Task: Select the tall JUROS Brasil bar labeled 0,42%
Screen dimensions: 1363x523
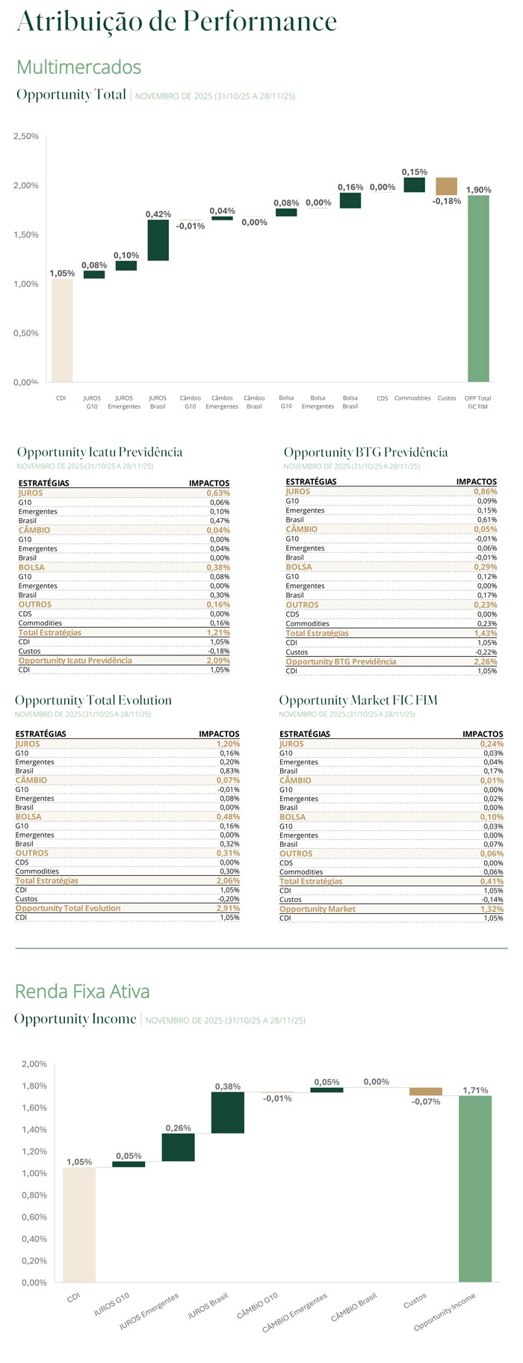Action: click(x=158, y=240)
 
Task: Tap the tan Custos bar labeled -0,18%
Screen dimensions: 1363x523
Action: click(x=446, y=186)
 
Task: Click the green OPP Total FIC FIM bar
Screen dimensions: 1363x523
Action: click(x=478, y=288)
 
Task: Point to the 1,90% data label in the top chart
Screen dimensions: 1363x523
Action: click(x=478, y=190)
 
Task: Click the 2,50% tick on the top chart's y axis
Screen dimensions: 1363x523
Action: click(x=26, y=136)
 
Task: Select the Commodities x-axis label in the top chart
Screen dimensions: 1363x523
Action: click(x=412, y=398)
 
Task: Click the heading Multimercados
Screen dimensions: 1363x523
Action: click(x=78, y=67)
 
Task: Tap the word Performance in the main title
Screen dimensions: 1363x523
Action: click(x=260, y=21)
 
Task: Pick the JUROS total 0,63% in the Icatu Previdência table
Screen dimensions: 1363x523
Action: click(x=218, y=493)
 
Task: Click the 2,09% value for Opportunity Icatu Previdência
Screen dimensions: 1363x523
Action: click(x=218, y=661)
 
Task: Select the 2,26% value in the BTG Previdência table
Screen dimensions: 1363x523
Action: click(x=486, y=661)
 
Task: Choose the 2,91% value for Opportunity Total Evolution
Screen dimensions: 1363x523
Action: click(x=228, y=909)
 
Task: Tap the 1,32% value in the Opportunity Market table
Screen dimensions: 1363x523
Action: click(x=492, y=909)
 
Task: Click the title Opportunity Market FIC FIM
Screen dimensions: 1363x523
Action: click(x=358, y=700)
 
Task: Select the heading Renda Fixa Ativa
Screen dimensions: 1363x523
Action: click(x=82, y=992)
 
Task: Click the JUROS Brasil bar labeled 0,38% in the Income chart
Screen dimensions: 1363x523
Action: click(x=227, y=1112)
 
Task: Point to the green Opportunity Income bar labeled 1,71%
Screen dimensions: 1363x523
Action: click(x=475, y=1188)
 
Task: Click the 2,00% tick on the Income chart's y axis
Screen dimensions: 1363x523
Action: click(x=34, y=1064)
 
